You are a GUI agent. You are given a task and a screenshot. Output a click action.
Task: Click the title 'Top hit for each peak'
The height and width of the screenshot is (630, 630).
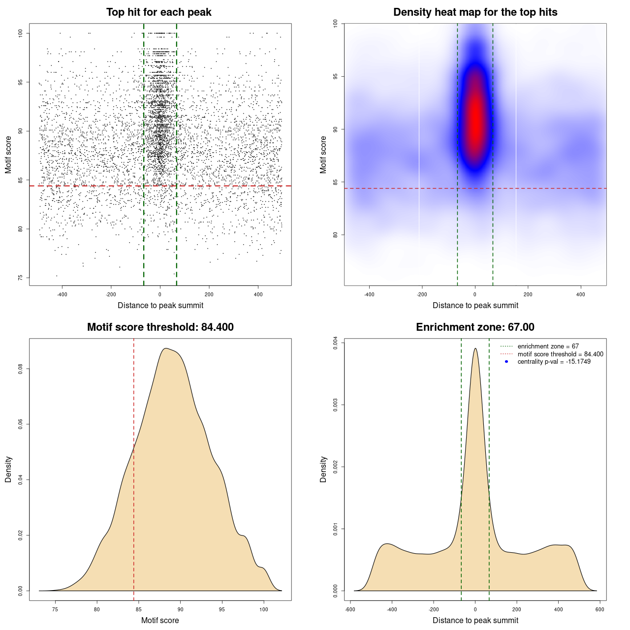[x=159, y=12]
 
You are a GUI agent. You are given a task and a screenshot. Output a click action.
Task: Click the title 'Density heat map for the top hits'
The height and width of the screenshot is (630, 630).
[x=475, y=12]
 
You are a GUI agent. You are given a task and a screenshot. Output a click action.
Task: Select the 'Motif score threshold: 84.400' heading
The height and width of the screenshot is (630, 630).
[x=160, y=327]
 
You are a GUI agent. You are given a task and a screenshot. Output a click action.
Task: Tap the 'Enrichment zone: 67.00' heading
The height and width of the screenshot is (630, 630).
[x=475, y=327]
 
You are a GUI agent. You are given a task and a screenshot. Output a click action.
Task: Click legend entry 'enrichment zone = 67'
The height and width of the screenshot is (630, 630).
[x=548, y=346]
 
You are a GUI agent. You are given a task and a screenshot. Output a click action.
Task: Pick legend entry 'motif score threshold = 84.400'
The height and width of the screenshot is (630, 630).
[x=560, y=354]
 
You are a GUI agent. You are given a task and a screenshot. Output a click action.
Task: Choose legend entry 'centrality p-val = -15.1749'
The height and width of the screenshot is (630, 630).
[x=554, y=362]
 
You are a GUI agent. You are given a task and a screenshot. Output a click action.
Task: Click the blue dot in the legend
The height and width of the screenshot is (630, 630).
[x=506, y=362]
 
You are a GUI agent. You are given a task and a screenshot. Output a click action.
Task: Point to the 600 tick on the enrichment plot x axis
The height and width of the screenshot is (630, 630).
[x=599, y=609]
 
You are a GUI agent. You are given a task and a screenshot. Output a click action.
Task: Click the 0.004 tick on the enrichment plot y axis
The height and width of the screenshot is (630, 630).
[x=335, y=343]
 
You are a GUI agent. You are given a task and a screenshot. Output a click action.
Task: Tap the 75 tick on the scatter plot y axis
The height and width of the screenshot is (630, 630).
[x=20, y=278]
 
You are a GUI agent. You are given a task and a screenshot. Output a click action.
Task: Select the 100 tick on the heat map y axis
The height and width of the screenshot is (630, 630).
[x=335, y=24]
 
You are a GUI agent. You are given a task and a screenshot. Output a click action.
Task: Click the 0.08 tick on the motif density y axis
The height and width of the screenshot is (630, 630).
[x=20, y=369]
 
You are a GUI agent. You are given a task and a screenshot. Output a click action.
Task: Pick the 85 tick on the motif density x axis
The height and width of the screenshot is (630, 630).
[x=139, y=609]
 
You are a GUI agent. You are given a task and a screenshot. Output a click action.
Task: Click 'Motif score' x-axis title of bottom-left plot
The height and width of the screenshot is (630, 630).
[x=160, y=620]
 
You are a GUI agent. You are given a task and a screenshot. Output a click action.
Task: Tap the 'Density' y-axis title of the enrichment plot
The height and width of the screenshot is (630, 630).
[x=323, y=470]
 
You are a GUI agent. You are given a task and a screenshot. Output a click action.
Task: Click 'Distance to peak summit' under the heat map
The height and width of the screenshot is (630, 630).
[x=475, y=305]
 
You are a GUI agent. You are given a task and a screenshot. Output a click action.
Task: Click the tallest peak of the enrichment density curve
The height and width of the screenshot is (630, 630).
[x=475, y=349]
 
